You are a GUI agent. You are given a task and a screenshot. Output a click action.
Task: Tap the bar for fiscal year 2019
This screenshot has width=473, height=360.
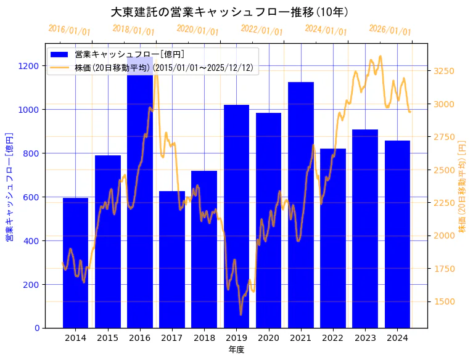coord(236,216)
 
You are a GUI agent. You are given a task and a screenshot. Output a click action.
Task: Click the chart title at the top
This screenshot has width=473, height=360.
coord(229,12)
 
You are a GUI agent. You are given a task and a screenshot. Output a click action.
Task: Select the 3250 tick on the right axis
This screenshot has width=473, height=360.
coord(444,71)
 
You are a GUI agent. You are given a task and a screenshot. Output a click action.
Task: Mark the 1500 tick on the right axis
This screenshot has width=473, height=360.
coord(444,301)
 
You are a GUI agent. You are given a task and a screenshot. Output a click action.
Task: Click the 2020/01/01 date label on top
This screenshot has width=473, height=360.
coord(197,30)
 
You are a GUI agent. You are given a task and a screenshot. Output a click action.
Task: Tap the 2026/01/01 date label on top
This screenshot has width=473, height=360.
coord(390,30)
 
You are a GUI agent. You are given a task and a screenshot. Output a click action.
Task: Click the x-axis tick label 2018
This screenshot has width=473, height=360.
coord(204,338)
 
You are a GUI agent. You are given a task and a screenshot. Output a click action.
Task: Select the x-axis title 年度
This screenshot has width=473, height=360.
coord(236,350)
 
